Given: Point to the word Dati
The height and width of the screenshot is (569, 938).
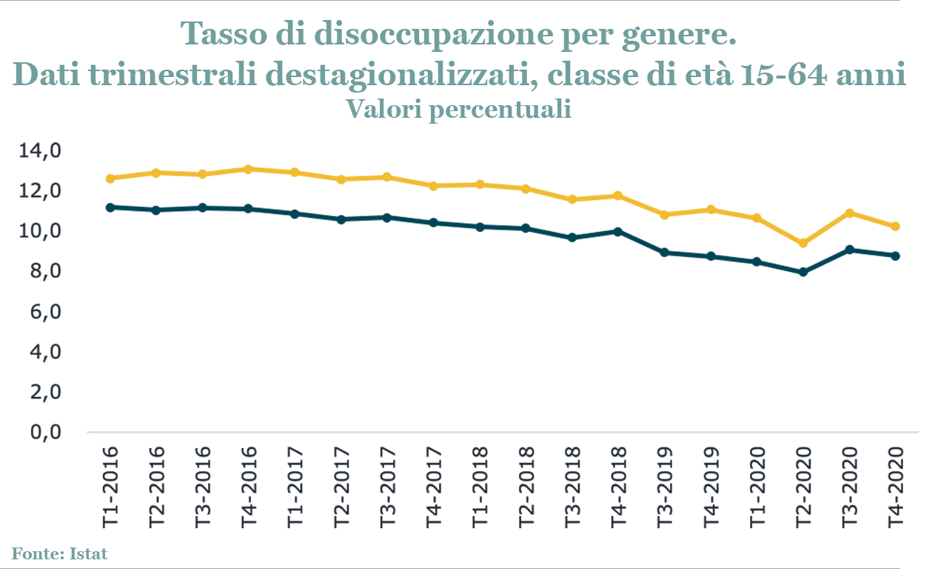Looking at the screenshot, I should point(44,76).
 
